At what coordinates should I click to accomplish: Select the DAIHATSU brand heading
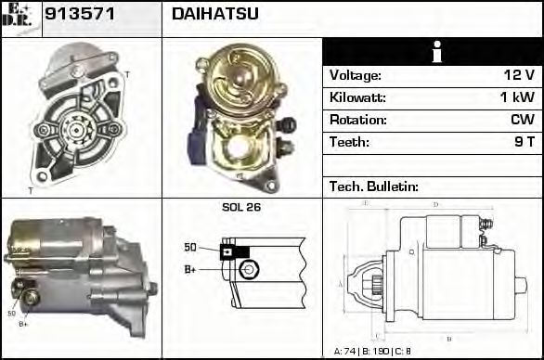[x=215, y=14]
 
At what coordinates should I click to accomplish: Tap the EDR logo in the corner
[x=20, y=19]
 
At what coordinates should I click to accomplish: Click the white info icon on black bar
[x=433, y=52]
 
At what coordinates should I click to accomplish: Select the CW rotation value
[x=522, y=120]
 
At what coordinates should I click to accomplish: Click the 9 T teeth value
[x=524, y=142]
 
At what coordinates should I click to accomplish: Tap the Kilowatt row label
[x=357, y=97]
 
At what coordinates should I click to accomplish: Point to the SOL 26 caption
[x=241, y=207]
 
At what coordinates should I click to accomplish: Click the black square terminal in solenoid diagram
[x=227, y=251]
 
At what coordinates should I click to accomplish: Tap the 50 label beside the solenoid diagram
[x=190, y=248]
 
